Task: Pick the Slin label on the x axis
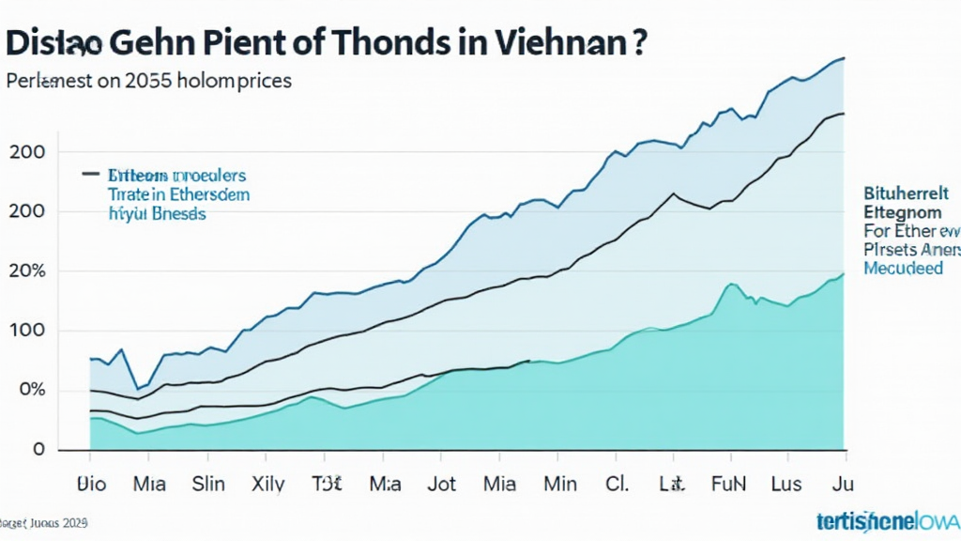[x=208, y=485]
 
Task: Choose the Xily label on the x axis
[x=269, y=485]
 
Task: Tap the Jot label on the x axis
[x=441, y=485]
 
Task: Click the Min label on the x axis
[x=560, y=485]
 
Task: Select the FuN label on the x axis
[x=729, y=485]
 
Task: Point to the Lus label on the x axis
[x=786, y=485]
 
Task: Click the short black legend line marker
[x=90, y=174]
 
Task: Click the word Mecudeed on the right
[x=903, y=269]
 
